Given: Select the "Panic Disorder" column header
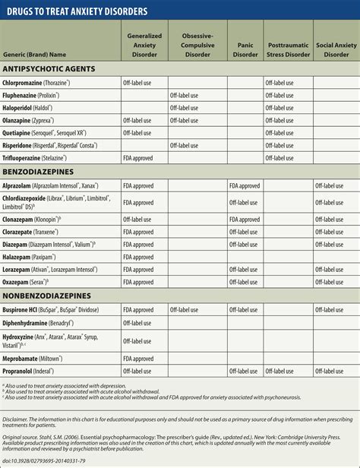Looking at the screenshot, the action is click(245, 49).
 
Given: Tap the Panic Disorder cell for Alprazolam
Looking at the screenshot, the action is click(245, 185).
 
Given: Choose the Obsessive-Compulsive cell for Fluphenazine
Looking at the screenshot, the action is click(185, 95).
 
